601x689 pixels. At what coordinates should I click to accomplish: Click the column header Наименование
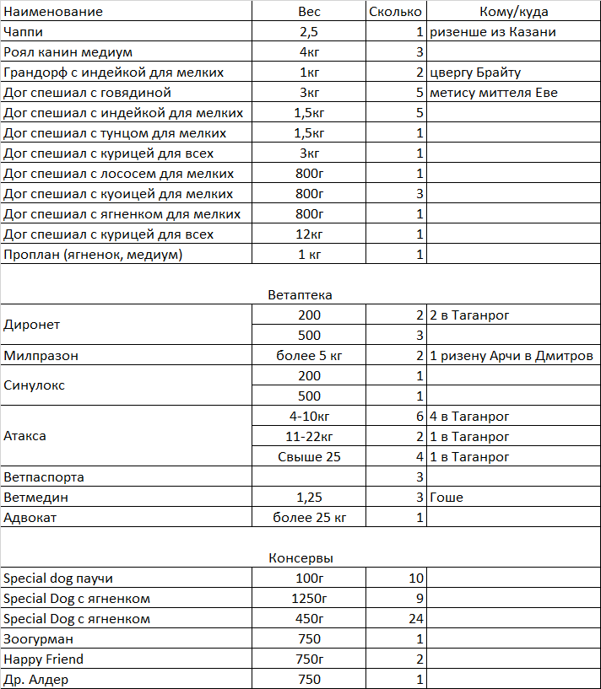tap(53, 12)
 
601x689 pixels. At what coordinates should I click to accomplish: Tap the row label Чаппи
tap(24, 32)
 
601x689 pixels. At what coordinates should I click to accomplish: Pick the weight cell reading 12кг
tap(309, 234)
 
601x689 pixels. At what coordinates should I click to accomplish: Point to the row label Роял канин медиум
tap(68, 52)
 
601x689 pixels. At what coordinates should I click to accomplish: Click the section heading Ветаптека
tap(300, 295)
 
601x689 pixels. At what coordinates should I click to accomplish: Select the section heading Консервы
tap(300, 558)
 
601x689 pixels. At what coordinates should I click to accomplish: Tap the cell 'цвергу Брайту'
tap(474, 73)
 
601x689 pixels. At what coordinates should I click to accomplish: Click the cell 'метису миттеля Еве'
tap(493, 93)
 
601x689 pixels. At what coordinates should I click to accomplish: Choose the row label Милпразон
tap(41, 356)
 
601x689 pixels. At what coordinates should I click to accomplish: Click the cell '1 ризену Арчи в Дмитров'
tap(511, 356)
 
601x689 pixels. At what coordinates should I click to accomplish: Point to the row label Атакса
tap(25, 437)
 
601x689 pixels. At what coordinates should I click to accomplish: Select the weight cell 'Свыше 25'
tap(309, 457)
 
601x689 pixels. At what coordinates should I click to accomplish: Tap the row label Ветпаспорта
tap(44, 477)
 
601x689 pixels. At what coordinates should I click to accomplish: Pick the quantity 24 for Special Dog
tap(414, 619)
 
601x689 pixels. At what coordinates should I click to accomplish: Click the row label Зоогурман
tap(38, 639)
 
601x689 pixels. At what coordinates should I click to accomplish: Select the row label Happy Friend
tap(44, 659)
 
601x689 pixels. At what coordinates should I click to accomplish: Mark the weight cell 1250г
tap(309, 599)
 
